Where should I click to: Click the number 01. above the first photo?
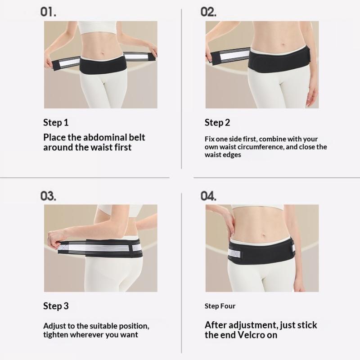click(x=48, y=12)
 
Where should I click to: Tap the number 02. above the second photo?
click(x=208, y=12)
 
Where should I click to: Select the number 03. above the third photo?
click(x=48, y=196)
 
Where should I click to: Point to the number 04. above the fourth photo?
click(x=208, y=196)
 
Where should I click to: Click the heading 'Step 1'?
click(x=56, y=122)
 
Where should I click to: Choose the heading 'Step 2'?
click(x=217, y=122)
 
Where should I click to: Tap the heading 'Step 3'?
click(x=56, y=306)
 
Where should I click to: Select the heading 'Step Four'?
click(x=220, y=306)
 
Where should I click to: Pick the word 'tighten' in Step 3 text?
click(x=55, y=335)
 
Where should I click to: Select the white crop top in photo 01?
click(x=97, y=27)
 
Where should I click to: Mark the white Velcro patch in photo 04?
click(x=234, y=253)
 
